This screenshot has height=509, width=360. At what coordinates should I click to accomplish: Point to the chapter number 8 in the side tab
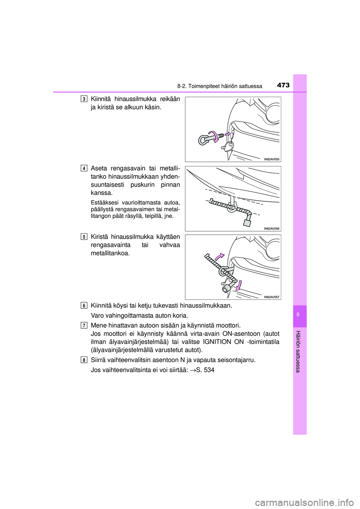click(300, 316)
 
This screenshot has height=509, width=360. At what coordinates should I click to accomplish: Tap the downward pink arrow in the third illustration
click(239, 287)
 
